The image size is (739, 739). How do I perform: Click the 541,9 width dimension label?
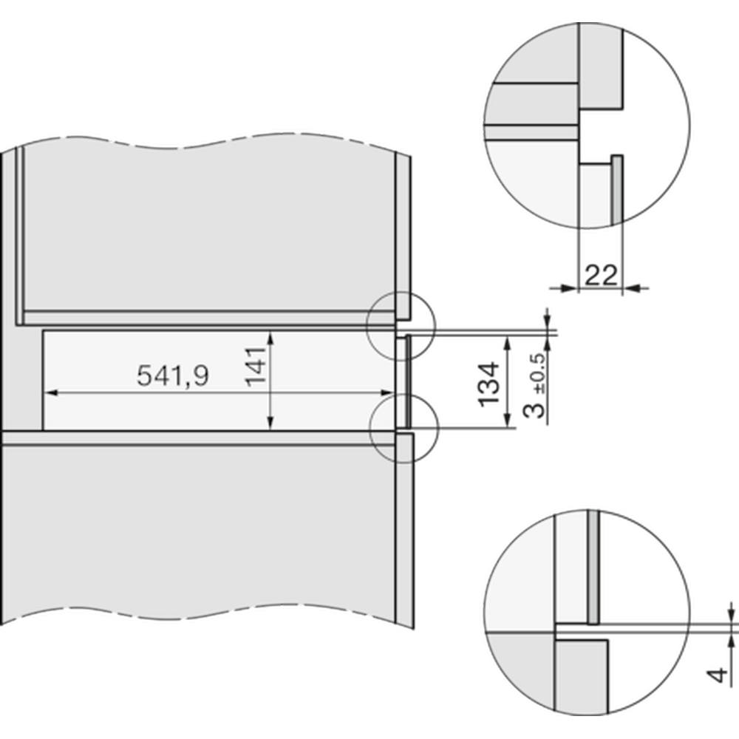click(172, 376)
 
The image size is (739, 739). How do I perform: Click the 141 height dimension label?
click(256, 367)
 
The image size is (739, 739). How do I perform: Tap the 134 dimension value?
click(488, 384)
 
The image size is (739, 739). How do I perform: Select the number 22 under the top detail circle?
click(600, 276)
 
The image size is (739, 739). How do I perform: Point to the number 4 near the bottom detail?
click(718, 675)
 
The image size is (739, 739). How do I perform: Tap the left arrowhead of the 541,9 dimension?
click(52, 392)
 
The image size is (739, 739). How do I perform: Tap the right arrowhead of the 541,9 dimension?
click(386, 392)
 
